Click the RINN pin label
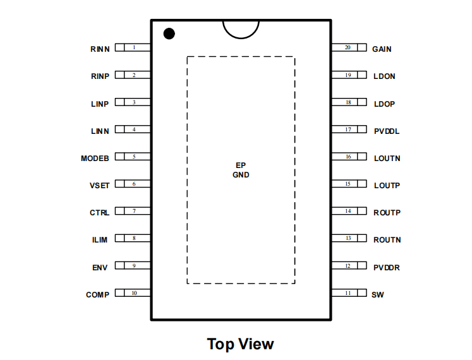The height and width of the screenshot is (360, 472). click(x=100, y=49)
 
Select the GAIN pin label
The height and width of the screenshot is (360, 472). click(x=382, y=49)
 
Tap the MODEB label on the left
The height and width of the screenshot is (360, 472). click(x=95, y=159)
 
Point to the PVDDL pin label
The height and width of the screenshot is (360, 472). click(x=387, y=131)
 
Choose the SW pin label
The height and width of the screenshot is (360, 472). click(x=378, y=295)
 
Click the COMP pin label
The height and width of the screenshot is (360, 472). click(x=97, y=295)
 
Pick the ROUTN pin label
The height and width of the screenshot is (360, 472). click(x=387, y=240)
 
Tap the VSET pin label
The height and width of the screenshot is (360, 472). click(x=99, y=186)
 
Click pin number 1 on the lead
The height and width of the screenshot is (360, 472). click(x=134, y=47)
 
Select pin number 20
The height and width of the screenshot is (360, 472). click(x=348, y=47)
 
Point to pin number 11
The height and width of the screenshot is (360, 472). click(x=348, y=293)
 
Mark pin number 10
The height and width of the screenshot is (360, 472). click(x=134, y=293)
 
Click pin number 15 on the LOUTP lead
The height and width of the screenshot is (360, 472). click(x=348, y=184)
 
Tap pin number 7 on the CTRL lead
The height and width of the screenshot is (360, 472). click(x=134, y=211)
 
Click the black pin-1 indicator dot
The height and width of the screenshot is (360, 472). click(x=169, y=33)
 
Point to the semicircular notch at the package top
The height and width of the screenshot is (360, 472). click(x=241, y=39)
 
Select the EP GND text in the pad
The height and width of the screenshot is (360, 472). click(x=241, y=170)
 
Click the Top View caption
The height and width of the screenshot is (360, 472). click(x=241, y=344)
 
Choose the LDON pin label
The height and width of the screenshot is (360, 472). click(x=384, y=76)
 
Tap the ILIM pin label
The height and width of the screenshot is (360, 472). click(x=100, y=240)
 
